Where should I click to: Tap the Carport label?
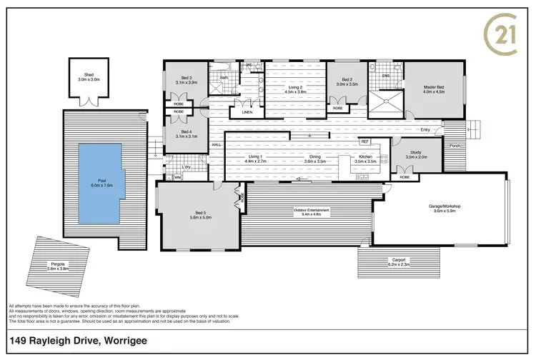click(x=399, y=261)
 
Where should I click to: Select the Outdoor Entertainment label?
click(x=311, y=210)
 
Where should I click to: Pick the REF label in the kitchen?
click(x=364, y=141)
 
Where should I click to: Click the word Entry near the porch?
click(x=426, y=130)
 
